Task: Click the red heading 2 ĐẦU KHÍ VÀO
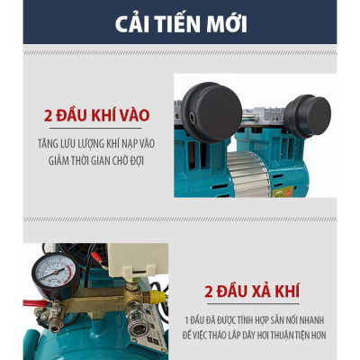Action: [x=95, y=117]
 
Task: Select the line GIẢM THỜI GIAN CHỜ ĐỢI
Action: [x=95, y=160]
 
